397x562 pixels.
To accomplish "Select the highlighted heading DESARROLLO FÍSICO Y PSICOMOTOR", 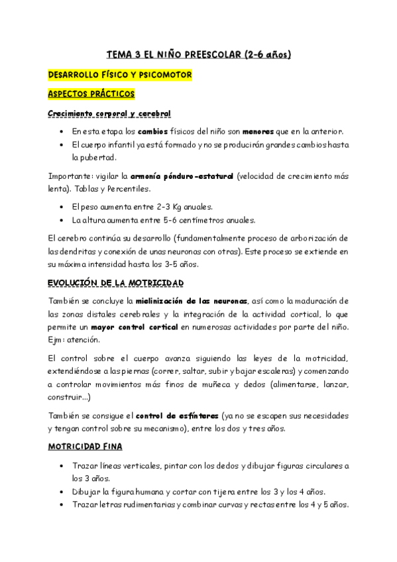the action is pos(120,75).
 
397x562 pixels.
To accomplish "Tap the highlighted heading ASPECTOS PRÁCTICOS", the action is pos(91,94).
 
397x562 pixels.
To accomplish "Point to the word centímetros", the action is pos(188,221).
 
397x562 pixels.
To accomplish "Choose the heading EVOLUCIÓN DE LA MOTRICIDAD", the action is pos(116,283).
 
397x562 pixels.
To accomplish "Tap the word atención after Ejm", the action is pos(85,340).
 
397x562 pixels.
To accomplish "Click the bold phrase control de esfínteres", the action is pos(176,416).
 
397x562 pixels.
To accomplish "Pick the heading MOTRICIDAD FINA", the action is pos(85,447).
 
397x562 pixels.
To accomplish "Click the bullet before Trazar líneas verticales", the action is pos(62,467).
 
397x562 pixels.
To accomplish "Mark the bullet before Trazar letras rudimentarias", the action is pos(62,505).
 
